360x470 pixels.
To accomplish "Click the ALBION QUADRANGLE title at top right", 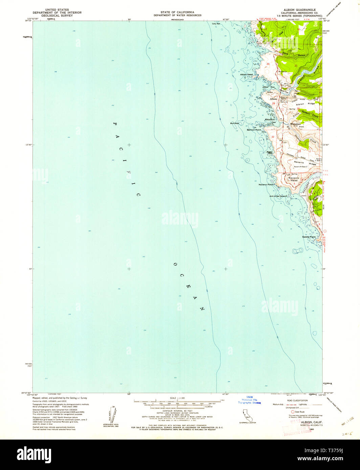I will [x=297, y=10].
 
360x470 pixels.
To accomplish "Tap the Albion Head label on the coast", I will [x=246, y=74].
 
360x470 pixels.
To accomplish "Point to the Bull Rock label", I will [x=234, y=123].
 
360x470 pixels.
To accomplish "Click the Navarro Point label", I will [x=266, y=185].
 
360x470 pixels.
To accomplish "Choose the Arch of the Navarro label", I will [x=278, y=196].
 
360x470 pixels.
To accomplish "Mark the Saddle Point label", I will [x=309, y=237].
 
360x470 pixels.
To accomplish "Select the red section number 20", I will [x=268, y=64].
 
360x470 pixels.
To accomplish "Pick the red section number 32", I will [x=273, y=137].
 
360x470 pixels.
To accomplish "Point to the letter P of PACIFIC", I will [x=114, y=124].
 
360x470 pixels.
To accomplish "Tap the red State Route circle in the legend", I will [x=293, y=412].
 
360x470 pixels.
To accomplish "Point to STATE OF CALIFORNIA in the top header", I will [x=177, y=12].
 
